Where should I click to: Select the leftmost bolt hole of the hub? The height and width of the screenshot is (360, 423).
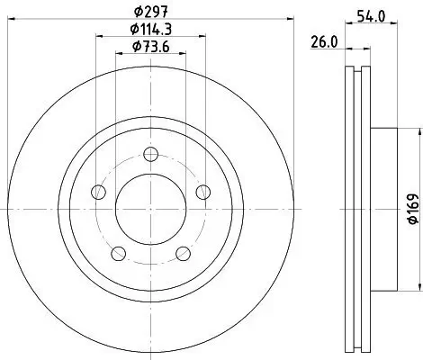click(97, 190)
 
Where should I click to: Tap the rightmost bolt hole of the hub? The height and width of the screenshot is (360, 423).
click(203, 190)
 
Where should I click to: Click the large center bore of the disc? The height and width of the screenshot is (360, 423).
click(150, 207)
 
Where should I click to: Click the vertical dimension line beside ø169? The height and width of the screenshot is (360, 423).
click(419, 206)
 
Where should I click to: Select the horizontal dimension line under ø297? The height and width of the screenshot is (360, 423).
click(150, 18)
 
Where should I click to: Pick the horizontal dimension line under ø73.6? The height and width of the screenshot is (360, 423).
click(150, 54)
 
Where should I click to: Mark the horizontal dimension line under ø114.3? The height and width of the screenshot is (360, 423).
click(150, 36)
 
